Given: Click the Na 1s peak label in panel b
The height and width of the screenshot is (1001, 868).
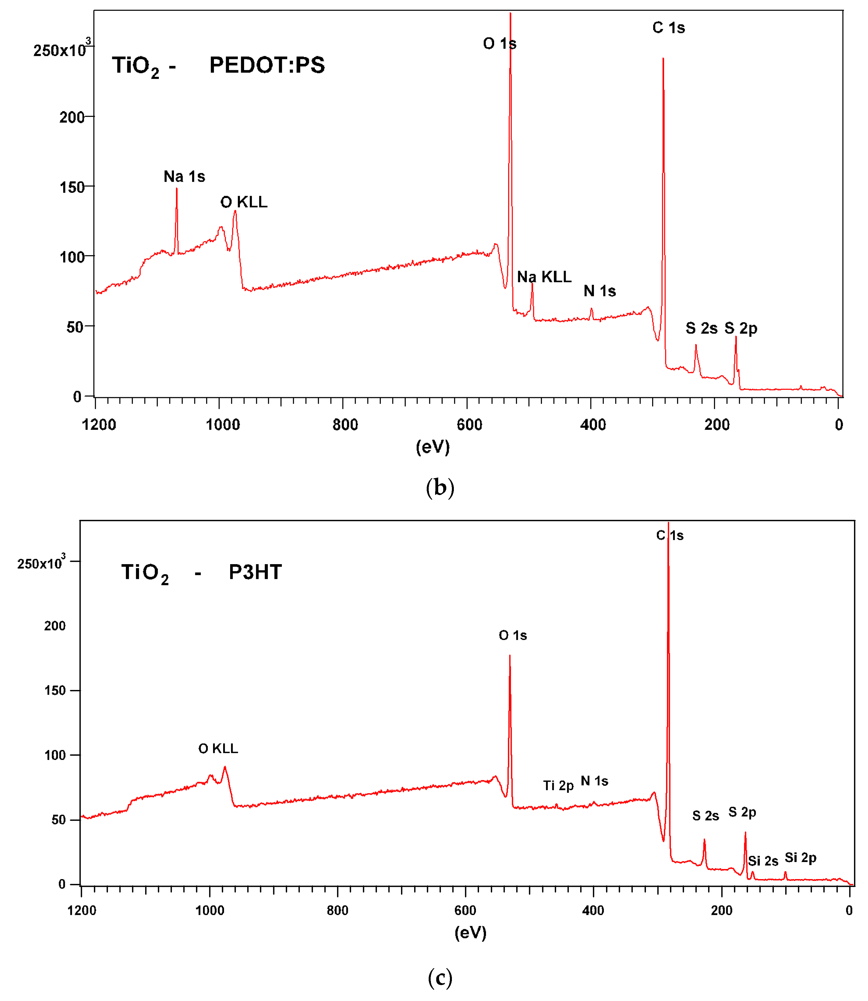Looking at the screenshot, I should tap(184, 176).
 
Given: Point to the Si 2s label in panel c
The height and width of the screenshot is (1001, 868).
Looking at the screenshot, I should tap(763, 861).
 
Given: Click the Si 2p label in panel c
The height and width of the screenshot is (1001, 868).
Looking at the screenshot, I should tap(800, 858).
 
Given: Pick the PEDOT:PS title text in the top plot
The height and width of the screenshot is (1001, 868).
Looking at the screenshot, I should tap(267, 65).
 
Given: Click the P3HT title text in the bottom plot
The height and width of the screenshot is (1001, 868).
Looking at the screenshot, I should tap(255, 572).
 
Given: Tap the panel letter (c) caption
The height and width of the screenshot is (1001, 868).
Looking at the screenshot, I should tap(440, 978).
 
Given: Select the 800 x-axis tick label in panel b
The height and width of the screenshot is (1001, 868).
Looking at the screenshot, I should tap(345, 425).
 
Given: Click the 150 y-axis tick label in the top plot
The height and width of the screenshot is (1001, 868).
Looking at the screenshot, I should tap(72, 187).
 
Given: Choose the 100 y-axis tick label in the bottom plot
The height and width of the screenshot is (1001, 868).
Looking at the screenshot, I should tap(55, 755).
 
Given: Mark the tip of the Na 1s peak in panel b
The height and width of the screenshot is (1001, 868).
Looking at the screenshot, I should tap(177, 189).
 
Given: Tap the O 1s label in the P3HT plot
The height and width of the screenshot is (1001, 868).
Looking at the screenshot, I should tap(513, 635).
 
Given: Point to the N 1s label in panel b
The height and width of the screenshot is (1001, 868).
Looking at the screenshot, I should tap(599, 291).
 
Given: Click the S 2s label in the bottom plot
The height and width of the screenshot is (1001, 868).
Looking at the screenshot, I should tap(705, 816).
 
